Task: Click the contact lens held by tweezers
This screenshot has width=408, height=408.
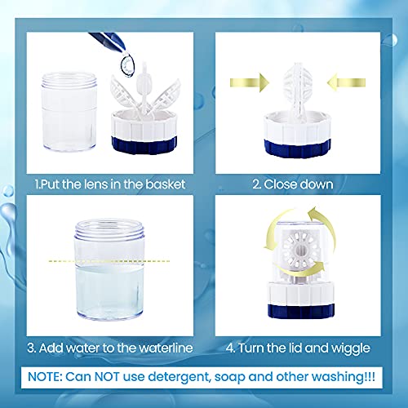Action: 127,65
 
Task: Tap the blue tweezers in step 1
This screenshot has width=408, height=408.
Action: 108,41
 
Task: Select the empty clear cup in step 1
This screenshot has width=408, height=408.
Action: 69,112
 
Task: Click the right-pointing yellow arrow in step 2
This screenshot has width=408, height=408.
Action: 250,82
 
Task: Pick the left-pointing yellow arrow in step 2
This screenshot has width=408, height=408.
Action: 346,82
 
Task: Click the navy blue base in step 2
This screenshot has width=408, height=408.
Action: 298,149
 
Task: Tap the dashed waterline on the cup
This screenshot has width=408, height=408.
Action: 109,261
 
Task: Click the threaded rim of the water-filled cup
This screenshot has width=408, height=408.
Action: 109,230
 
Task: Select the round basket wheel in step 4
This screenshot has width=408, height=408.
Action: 300,250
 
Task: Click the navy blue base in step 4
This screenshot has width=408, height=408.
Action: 301,311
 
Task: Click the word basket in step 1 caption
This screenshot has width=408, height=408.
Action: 166,184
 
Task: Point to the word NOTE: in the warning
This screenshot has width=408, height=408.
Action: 45,377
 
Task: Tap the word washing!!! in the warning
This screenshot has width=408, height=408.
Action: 344,378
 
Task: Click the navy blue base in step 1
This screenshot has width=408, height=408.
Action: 144,144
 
